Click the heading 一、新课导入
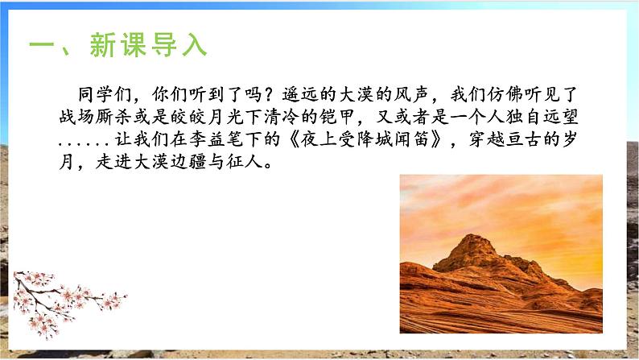pyautogui.click(x=117, y=46)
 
